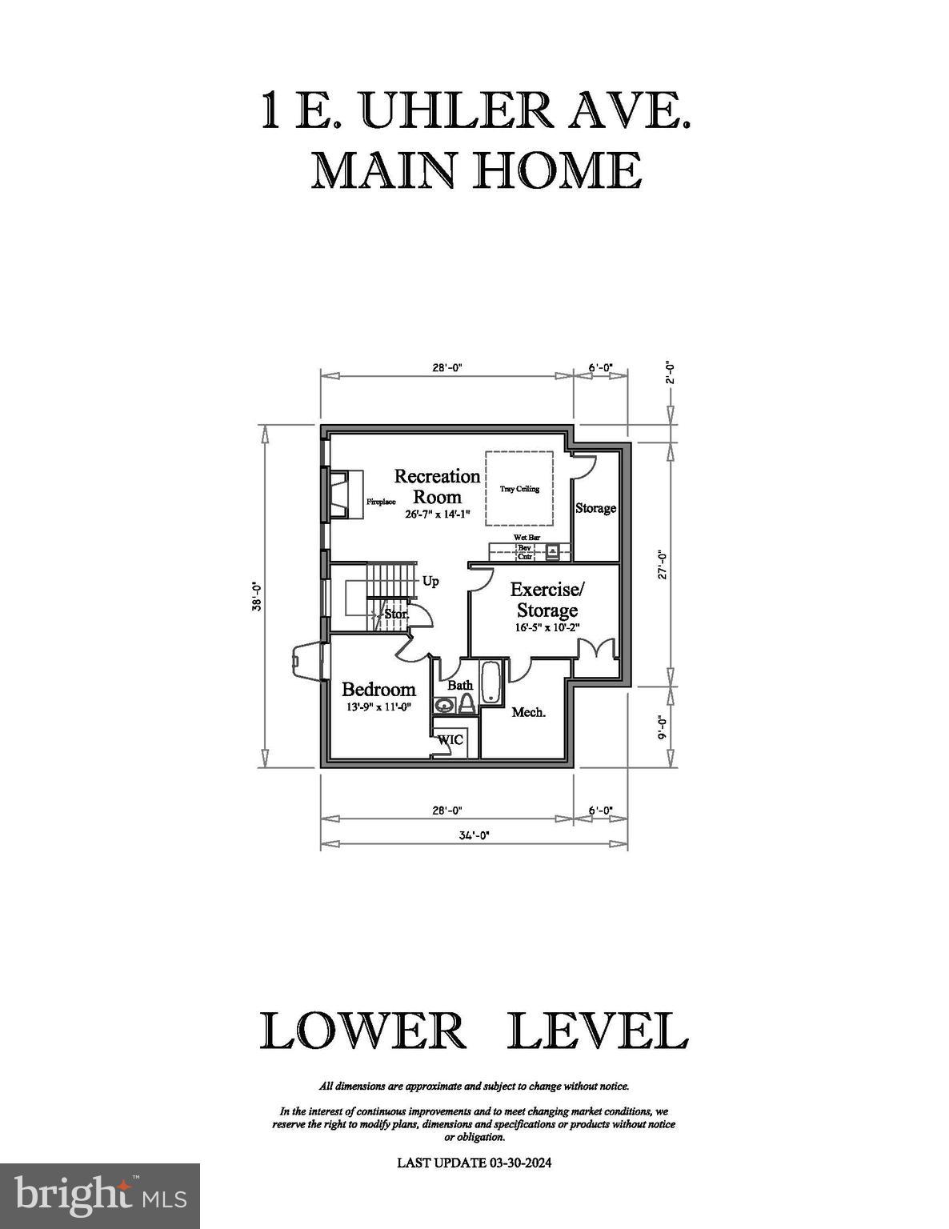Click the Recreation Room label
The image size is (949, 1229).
[x=437, y=486]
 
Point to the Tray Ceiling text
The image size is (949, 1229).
[x=519, y=489]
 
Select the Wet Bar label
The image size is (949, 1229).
[x=527, y=537]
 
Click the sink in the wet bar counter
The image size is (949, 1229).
[x=552, y=551]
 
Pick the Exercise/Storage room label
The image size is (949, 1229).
[x=547, y=600]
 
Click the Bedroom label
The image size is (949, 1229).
[x=378, y=689]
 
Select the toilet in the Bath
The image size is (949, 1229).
[x=466, y=703]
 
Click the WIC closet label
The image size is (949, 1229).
[x=450, y=740]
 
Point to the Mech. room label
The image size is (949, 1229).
[x=528, y=712]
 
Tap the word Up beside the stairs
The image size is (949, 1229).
[x=430, y=581]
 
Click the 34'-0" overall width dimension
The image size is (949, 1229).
[x=474, y=835]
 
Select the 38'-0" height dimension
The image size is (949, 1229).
[x=257, y=596]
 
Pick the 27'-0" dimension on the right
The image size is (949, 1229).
[x=662, y=565]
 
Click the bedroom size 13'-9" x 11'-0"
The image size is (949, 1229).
[x=378, y=707]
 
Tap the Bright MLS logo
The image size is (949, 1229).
[x=100, y=1196]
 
